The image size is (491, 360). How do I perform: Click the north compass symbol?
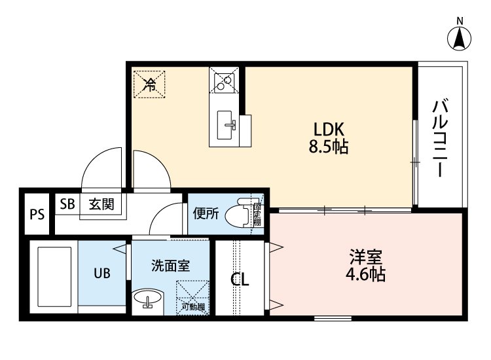coord(460,37)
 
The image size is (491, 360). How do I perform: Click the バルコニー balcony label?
coord(441,138)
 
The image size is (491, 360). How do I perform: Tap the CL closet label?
coord(240,280)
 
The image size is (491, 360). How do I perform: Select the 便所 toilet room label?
coord(206,213)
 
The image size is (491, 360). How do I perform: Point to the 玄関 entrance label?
coord(101,204)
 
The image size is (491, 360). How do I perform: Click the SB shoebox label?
coord(67,204)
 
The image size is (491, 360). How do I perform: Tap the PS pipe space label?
coord(37,215)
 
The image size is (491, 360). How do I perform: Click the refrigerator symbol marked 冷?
coord(150,84)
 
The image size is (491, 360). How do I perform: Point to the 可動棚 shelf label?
coord(193,306)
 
